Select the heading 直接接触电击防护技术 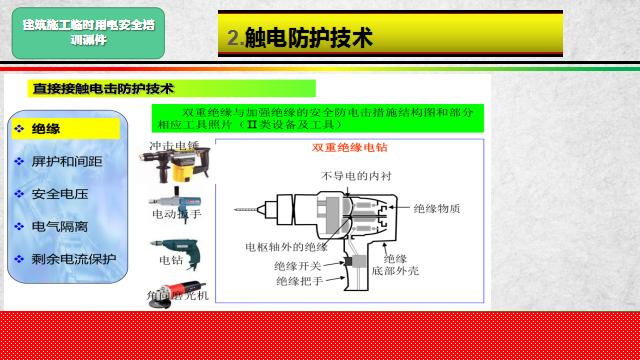(x=104, y=88)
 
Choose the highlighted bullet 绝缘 (x=47, y=129)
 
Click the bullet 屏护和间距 (x=66, y=161)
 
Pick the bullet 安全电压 (x=59, y=193)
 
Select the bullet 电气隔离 (x=59, y=226)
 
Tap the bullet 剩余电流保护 (x=73, y=259)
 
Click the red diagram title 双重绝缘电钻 (x=349, y=148)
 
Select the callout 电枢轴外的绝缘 (x=286, y=246)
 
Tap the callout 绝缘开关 (x=297, y=265)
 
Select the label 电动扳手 (x=176, y=214)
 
